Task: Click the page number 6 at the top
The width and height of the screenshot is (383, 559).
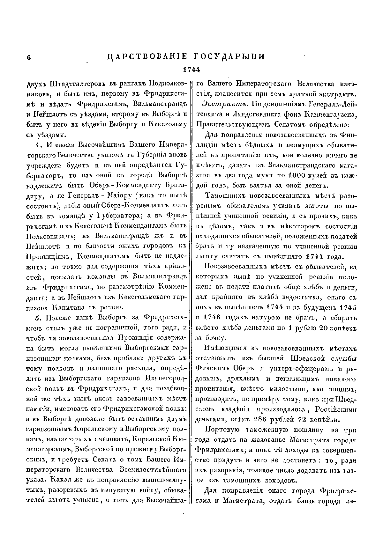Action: (28, 57)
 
